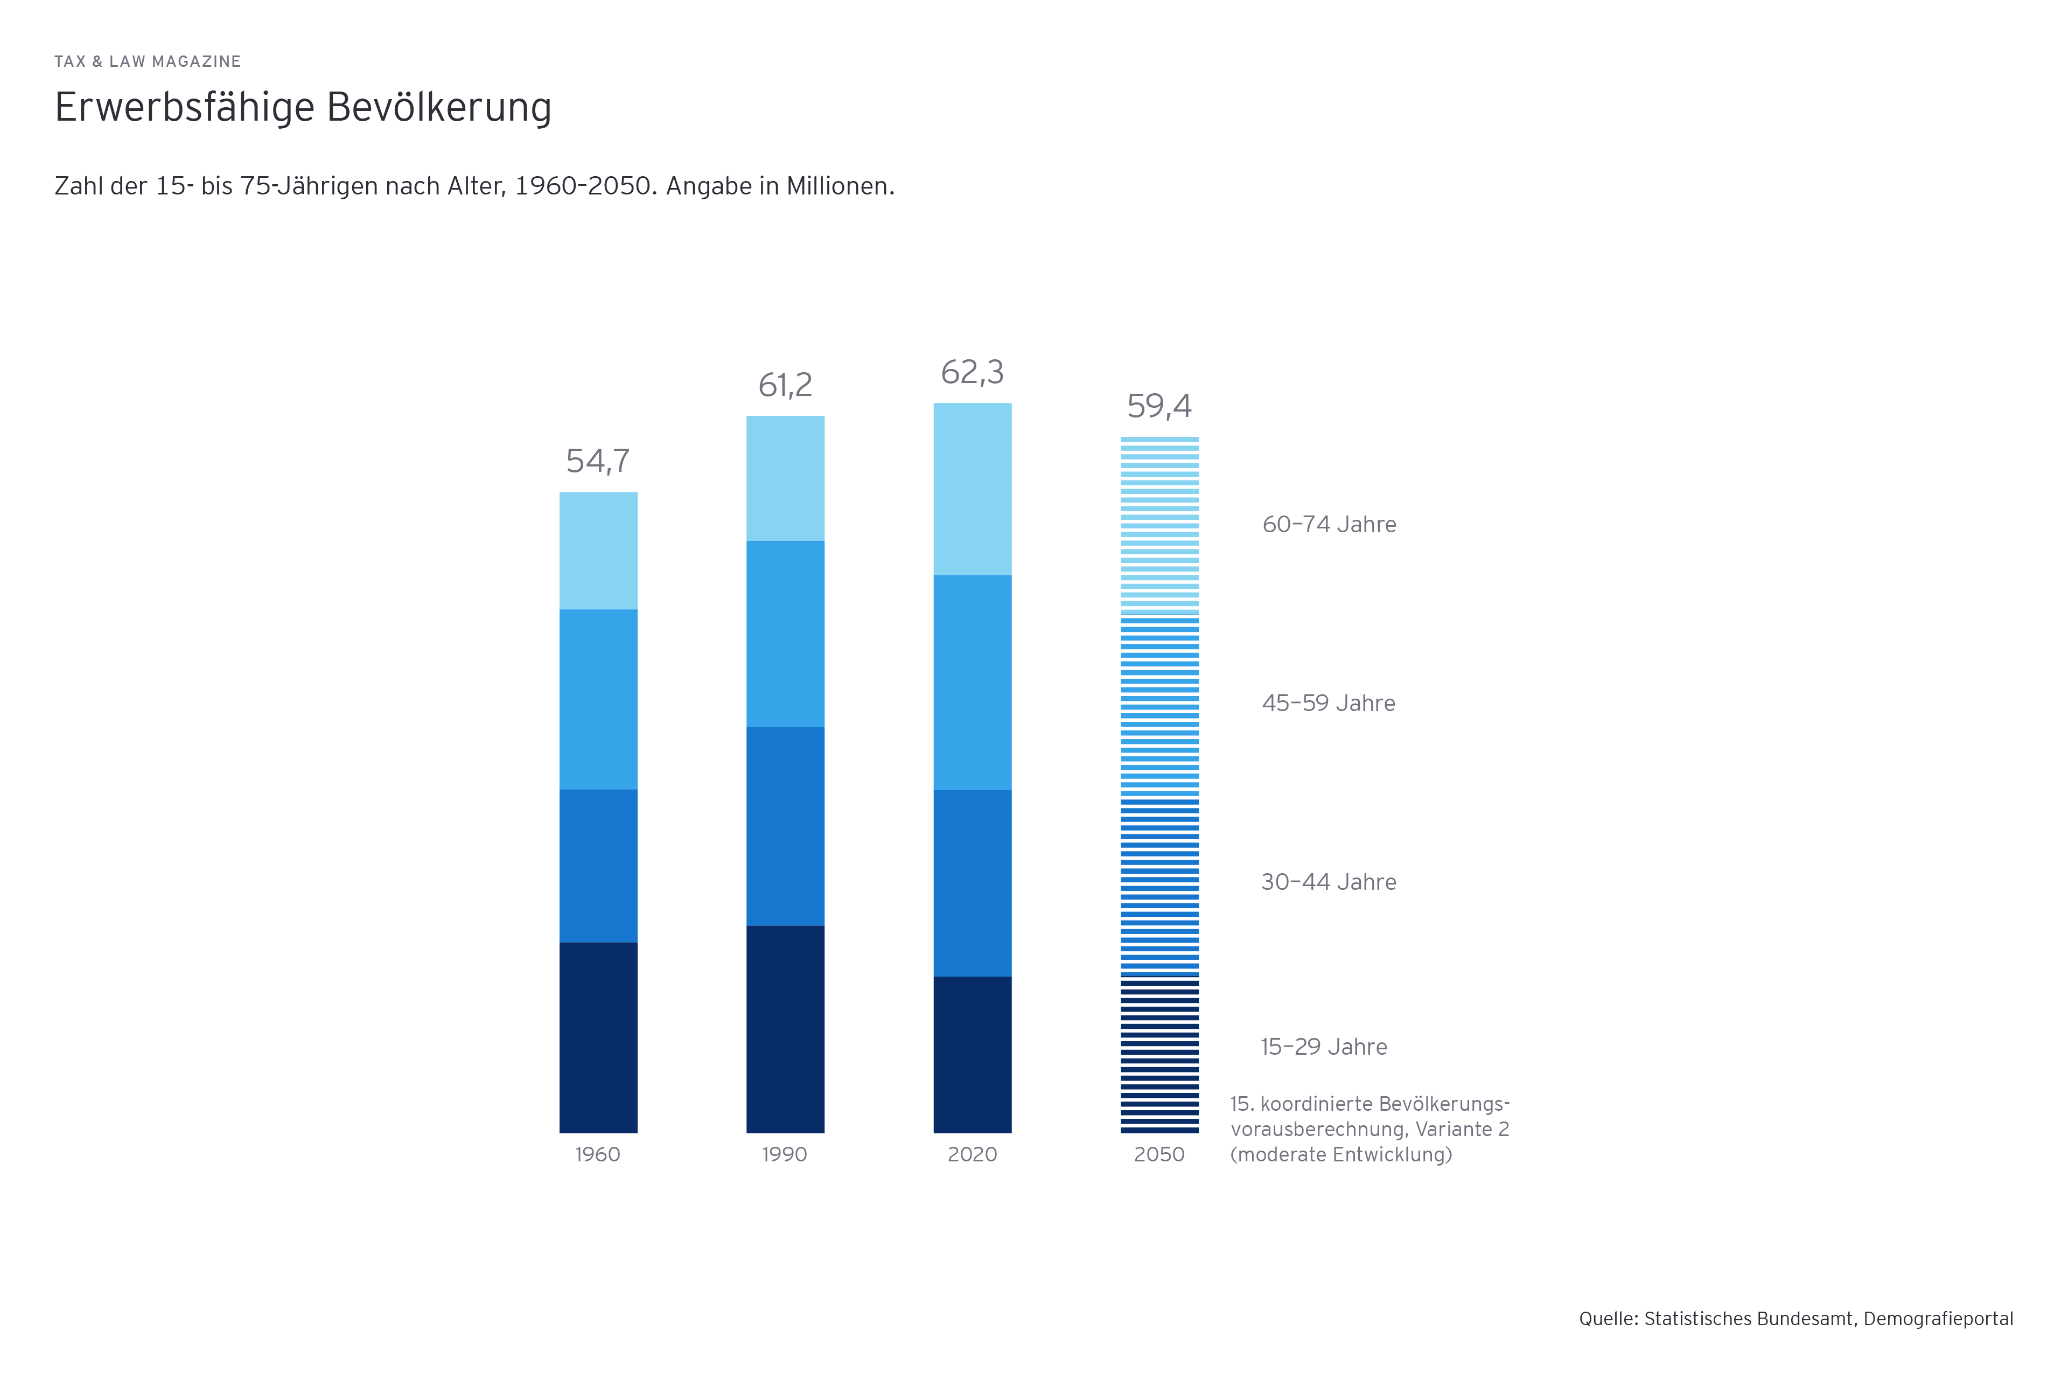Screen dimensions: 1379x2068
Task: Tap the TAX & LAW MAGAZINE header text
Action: click(148, 61)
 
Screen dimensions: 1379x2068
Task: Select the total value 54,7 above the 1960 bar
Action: click(598, 461)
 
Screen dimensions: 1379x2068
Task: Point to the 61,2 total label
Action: click(785, 385)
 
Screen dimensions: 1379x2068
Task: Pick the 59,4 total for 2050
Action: click(1159, 406)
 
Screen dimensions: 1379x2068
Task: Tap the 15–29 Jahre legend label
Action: click(1323, 1047)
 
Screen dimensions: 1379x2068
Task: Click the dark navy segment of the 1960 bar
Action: click(598, 1038)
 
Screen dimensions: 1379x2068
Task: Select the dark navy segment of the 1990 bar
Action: click(785, 1029)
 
